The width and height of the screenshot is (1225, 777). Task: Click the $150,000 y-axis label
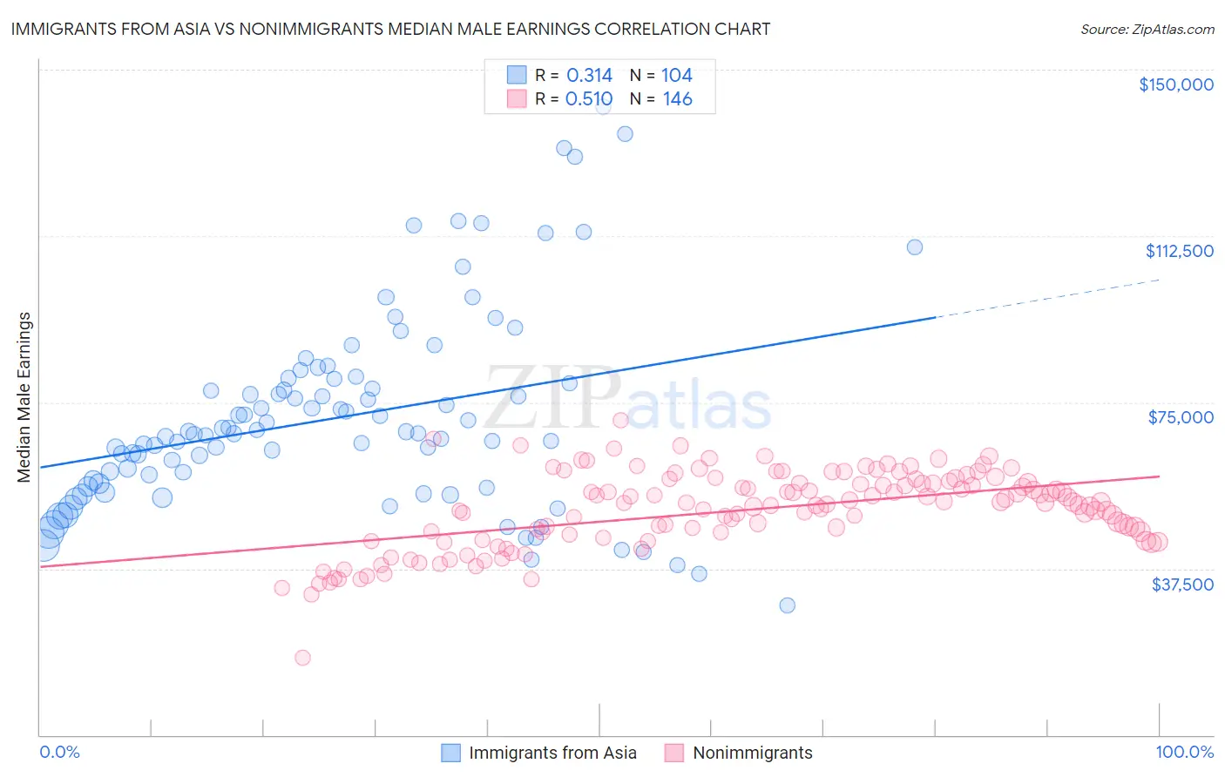[x=1175, y=84]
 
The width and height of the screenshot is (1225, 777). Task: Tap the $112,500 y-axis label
[x=1179, y=251]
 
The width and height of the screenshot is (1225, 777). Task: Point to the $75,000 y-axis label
[x=1181, y=417]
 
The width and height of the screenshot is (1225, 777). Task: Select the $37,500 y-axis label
[x=1182, y=584]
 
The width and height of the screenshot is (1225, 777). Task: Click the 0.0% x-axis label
[x=59, y=752]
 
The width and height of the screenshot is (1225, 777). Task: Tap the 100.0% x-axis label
[x=1184, y=752]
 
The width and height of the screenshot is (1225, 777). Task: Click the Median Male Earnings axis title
[x=24, y=396]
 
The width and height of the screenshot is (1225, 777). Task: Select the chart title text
[x=390, y=29]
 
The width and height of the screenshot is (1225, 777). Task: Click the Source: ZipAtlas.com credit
[x=1147, y=30]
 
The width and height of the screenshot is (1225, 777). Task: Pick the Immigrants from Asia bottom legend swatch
[x=450, y=753]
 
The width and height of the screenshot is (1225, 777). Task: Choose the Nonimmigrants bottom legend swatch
[x=674, y=753]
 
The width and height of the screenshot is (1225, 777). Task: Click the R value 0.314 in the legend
[x=589, y=76]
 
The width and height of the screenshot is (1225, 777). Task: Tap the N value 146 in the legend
[x=677, y=99]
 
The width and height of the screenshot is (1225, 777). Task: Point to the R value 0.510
[x=589, y=99]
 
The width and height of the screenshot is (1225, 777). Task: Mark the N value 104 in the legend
[x=676, y=76]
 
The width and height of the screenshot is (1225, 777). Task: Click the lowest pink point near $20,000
[x=302, y=658]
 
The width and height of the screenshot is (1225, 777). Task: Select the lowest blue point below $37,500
[x=787, y=605]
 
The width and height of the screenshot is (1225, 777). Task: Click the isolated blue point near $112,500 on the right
[x=914, y=247]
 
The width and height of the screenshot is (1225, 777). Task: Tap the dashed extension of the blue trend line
[x=1046, y=299]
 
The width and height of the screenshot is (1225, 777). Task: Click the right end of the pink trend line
[x=1158, y=476]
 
